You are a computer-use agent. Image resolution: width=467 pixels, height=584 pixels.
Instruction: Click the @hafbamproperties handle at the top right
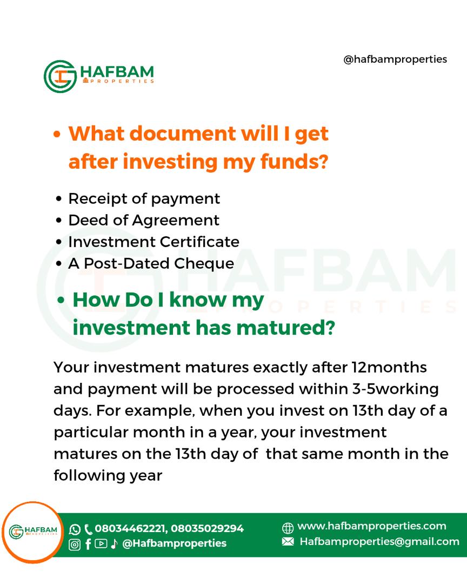(395, 59)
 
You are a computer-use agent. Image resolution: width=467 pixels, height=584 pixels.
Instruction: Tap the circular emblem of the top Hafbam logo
(60, 76)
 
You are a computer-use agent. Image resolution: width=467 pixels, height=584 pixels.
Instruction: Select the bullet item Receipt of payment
(144, 199)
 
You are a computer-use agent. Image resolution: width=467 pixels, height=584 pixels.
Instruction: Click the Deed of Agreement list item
(144, 221)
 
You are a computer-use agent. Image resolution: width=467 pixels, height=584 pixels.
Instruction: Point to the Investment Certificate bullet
(154, 242)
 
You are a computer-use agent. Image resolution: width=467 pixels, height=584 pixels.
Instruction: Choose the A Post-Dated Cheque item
(151, 264)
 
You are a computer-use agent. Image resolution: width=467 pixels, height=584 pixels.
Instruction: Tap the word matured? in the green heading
(285, 328)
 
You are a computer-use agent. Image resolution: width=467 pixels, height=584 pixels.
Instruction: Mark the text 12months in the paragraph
(390, 368)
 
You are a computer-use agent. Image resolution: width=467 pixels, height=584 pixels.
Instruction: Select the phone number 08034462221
(130, 528)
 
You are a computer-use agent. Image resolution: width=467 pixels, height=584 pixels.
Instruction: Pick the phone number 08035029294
(208, 528)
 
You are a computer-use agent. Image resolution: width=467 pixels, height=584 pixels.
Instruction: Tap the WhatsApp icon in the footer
(75, 529)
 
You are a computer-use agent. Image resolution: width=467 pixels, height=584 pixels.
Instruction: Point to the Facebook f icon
(88, 545)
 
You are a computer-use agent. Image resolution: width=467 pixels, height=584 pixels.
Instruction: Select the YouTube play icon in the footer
(101, 544)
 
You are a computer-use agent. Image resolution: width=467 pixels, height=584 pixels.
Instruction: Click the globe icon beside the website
(288, 528)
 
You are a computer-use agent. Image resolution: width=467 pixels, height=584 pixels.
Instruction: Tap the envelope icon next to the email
(288, 541)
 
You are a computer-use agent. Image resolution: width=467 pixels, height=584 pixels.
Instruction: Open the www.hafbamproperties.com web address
(372, 526)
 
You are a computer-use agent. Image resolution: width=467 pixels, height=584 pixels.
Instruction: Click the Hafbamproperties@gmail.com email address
(379, 541)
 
